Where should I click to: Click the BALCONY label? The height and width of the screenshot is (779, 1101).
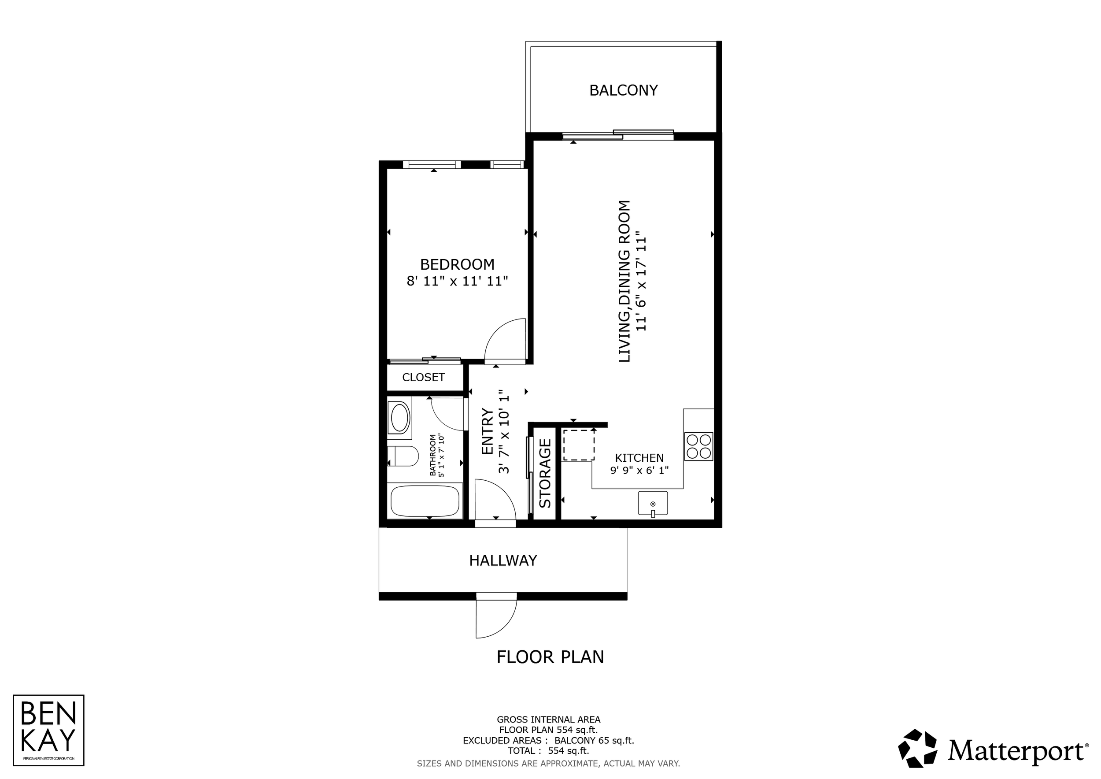pos(624,90)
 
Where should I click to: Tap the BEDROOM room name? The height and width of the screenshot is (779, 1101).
pos(457,264)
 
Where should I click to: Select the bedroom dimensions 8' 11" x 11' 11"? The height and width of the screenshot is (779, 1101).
pos(457,281)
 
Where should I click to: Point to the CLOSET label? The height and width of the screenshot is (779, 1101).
pos(423,378)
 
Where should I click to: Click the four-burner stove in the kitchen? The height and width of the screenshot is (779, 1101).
pos(698,447)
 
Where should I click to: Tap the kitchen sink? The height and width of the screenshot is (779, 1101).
pos(653,503)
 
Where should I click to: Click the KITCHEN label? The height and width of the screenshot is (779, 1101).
pos(639,458)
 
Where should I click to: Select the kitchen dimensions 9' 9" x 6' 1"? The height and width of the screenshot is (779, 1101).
pos(639,471)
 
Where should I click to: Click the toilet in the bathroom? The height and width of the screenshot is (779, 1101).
pos(403,456)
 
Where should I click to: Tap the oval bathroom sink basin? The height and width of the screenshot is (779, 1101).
pos(399,418)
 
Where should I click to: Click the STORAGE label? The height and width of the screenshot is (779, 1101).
pos(545,474)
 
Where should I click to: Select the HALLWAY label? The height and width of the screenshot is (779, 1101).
pos(503,561)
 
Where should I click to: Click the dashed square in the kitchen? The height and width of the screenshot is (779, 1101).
pos(579,445)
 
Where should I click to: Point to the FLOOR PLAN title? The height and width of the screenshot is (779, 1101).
pos(550,657)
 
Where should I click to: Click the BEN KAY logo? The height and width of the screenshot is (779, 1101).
pos(48,730)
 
